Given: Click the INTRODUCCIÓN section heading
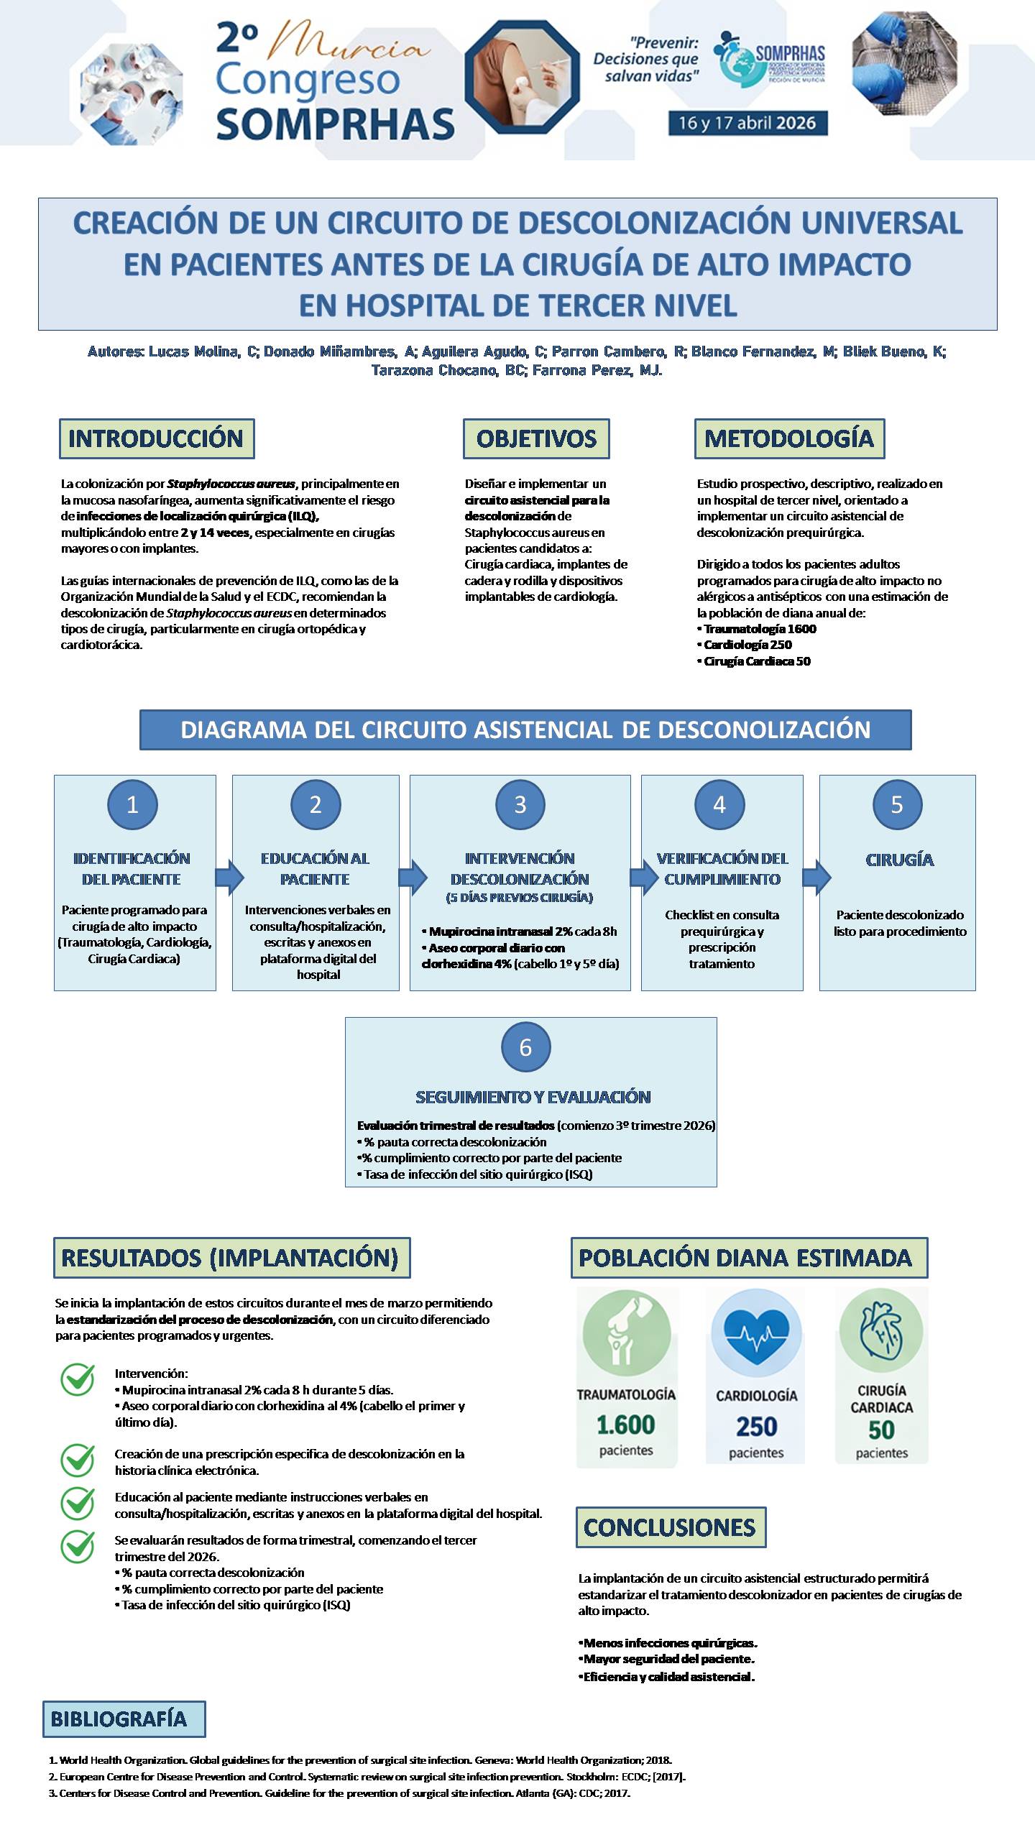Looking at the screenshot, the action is [x=156, y=438].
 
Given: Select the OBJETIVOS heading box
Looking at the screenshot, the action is [x=536, y=438].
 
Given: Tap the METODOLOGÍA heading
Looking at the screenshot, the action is [x=789, y=438].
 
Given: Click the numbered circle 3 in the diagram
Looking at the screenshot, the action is [x=520, y=804].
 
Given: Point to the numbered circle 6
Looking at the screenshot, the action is [x=525, y=1047].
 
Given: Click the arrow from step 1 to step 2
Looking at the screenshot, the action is [x=229, y=877].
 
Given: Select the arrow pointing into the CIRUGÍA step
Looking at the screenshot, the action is [x=816, y=877].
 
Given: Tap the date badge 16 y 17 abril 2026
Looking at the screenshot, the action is [x=747, y=123].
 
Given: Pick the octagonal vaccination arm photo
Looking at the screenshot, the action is [x=523, y=75].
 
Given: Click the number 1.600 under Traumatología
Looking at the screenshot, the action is [x=626, y=1424].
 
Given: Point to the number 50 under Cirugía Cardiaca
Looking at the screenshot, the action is [x=882, y=1430].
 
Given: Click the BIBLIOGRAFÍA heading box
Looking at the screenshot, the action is [x=124, y=1719].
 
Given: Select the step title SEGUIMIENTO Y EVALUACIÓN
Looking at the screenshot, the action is [x=533, y=1097].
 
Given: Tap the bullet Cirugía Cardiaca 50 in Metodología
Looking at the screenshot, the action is [x=754, y=661].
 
